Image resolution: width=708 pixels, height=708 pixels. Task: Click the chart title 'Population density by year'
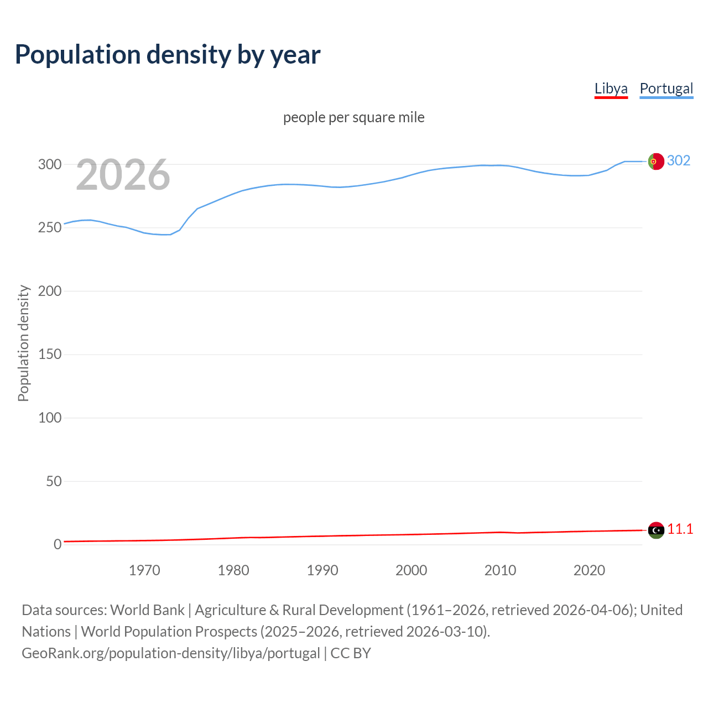pyautogui.click(x=168, y=55)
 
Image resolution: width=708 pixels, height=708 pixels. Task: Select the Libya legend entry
pyautogui.click(x=611, y=88)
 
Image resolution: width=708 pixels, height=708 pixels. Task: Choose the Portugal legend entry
pyautogui.click(x=666, y=88)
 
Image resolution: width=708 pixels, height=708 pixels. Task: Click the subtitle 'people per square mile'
pyautogui.click(x=354, y=117)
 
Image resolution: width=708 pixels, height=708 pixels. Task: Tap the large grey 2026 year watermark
pyautogui.click(x=123, y=175)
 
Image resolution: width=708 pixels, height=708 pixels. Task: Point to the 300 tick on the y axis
pyautogui.click(x=49, y=164)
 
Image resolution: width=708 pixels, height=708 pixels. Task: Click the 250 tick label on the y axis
pyautogui.click(x=49, y=228)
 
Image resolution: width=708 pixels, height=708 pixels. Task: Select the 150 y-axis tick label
pyautogui.click(x=49, y=355)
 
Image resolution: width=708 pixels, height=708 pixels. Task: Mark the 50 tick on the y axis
pyautogui.click(x=53, y=481)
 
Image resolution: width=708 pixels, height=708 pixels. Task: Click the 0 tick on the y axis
pyautogui.click(x=58, y=545)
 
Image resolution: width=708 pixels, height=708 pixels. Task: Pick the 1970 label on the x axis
pyautogui.click(x=144, y=570)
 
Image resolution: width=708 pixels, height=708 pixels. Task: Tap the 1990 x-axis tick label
pyautogui.click(x=322, y=570)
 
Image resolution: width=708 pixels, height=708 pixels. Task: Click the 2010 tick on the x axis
pyautogui.click(x=500, y=570)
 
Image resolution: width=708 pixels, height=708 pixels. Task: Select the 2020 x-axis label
pyautogui.click(x=589, y=570)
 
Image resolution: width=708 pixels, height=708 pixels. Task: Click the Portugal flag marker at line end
pyautogui.click(x=656, y=161)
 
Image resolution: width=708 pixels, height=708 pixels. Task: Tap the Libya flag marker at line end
pyautogui.click(x=656, y=530)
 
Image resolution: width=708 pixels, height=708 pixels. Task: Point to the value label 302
pyautogui.click(x=679, y=160)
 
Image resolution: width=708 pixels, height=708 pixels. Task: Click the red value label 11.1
pyautogui.click(x=680, y=529)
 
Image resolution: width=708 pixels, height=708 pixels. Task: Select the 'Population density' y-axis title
pyautogui.click(x=23, y=343)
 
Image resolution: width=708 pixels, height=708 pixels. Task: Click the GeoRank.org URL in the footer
pyautogui.click(x=170, y=653)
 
